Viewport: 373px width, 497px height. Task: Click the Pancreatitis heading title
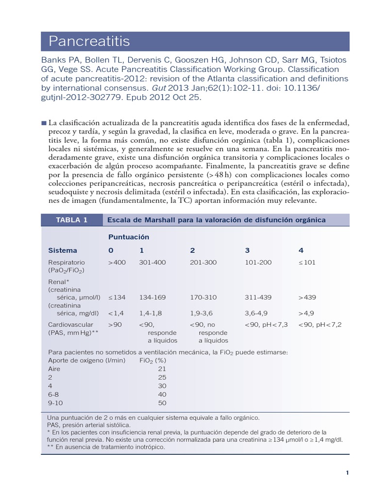[x=89, y=42]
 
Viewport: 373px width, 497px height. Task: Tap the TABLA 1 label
[x=72, y=220]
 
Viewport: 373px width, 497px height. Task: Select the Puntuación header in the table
[x=128, y=237]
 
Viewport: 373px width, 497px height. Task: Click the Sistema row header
[x=63, y=250]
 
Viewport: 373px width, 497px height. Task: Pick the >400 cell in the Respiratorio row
[x=117, y=263]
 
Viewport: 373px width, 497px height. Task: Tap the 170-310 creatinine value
[x=203, y=297]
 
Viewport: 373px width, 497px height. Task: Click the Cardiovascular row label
[x=70, y=324]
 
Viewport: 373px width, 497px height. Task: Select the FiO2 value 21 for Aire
[x=162, y=369]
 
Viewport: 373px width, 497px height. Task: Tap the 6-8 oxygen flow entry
[x=53, y=394]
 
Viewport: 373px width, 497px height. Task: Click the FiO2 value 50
[x=162, y=403]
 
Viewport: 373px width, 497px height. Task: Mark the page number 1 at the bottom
[x=347, y=473]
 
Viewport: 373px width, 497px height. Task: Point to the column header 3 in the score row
[x=247, y=250]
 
